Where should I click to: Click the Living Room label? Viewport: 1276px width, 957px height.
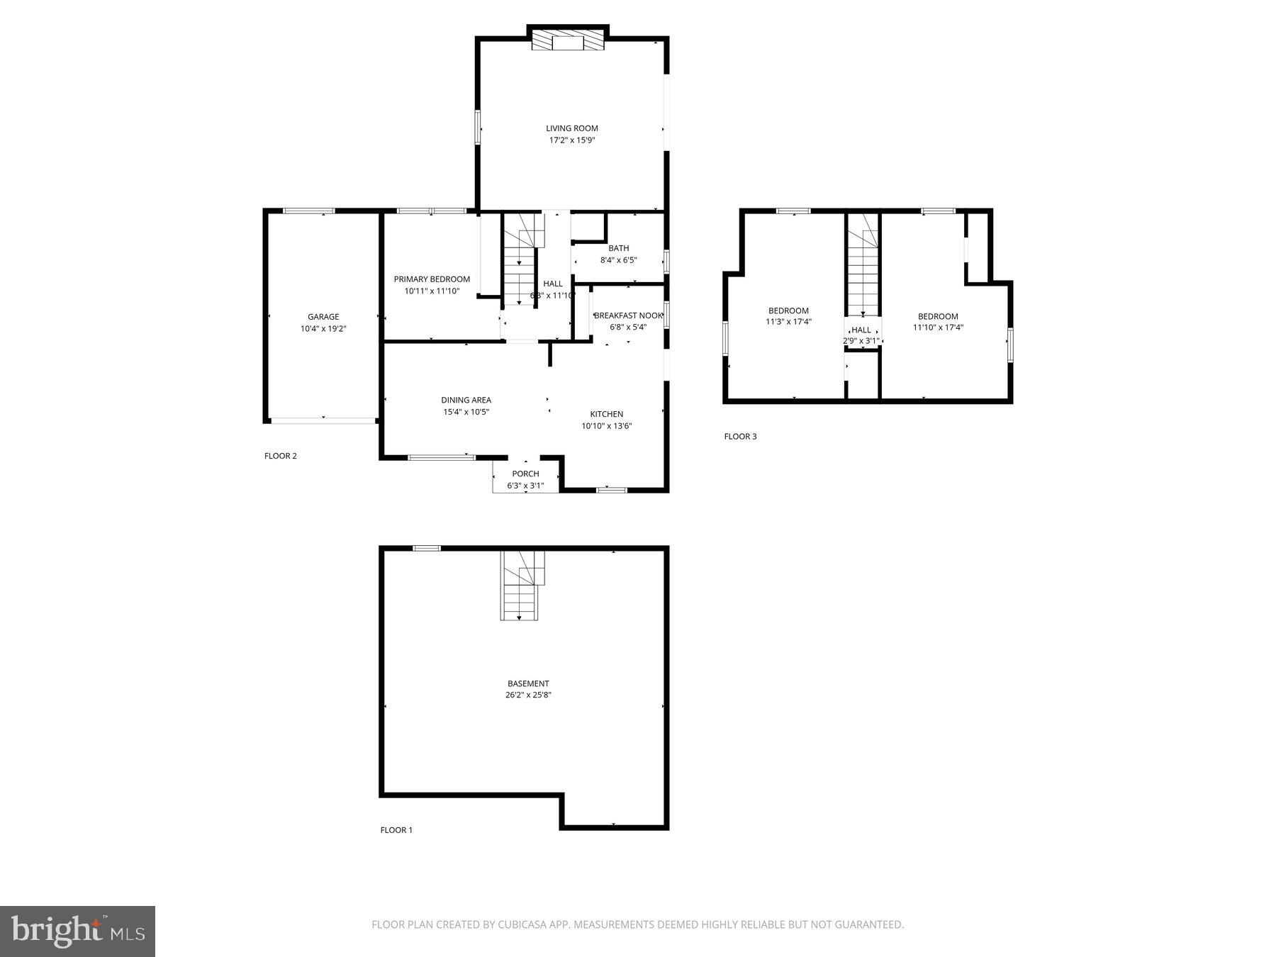coord(571,128)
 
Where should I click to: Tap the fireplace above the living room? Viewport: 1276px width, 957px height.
coord(568,41)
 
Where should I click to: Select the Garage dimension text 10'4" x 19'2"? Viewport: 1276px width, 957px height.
coord(323,329)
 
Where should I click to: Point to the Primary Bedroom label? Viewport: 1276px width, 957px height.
coord(432,279)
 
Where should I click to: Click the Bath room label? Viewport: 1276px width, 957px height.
coord(618,248)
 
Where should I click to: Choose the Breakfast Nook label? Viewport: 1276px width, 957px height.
coord(628,315)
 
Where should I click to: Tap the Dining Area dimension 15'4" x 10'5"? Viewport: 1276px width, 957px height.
coord(466,412)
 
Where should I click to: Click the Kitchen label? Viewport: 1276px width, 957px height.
coord(607,414)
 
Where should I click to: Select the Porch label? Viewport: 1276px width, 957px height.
coord(525,474)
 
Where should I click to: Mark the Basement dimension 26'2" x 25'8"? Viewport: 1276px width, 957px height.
coord(528,695)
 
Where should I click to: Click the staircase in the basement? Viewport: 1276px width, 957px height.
coord(522,585)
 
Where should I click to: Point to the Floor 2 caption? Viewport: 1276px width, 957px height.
coord(281,456)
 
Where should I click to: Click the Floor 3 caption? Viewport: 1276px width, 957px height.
coord(740,436)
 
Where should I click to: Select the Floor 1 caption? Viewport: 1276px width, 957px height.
coord(396,830)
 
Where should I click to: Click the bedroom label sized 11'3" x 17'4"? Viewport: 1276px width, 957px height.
coord(788,310)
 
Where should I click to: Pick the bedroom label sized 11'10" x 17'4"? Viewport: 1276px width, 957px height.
coord(938,316)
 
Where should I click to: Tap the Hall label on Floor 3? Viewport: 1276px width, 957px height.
coord(861,330)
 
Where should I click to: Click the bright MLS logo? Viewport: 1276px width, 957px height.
coord(77,931)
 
